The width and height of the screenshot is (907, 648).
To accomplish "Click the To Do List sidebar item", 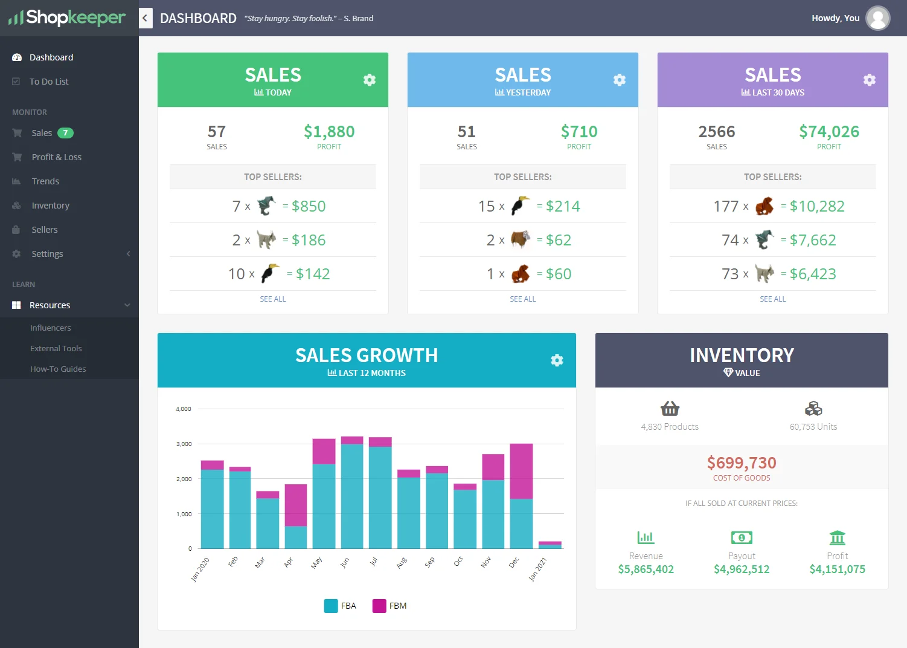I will pos(48,82).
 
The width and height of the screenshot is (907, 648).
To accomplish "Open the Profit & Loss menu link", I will pos(56,157).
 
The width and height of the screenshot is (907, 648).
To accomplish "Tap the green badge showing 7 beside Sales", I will pos(65,133).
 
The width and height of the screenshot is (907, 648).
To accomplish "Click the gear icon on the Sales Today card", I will pos(370,80).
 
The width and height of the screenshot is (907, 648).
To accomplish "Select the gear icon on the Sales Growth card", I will pos(557,360).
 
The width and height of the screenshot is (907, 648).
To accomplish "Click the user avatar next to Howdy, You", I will pos(877,18).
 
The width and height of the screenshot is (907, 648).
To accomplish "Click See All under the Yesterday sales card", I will pos(522,299).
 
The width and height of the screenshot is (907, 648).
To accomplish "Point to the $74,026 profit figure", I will pos(828,132).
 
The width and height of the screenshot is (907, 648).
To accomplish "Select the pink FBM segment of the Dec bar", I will pos(521,471).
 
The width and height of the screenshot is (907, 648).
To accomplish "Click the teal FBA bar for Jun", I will pos(352,496).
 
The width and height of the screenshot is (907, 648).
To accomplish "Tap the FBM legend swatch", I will pos(379,606).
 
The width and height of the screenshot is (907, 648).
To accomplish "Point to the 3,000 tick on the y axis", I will pos(184,444).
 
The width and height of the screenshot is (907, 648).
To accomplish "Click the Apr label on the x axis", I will pos(289,562).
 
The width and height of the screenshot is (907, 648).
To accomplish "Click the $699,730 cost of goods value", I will pos(742,463).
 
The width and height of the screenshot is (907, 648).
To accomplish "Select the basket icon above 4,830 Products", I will pos(670,409).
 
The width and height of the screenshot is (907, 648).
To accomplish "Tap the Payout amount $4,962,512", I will pos(742,569).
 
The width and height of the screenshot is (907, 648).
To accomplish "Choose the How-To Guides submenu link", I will pos(58,369).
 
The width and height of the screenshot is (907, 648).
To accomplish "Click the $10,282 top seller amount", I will pos(817,207).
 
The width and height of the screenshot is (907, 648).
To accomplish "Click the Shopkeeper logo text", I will pos(75,18).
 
